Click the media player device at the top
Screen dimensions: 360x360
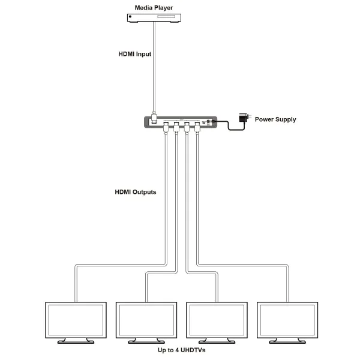click(x=155, y=19)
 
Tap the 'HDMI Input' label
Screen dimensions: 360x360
click(x=134, y=54)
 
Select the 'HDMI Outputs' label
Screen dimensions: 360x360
click(x=136, y=193)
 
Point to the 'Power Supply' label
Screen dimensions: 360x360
click(x=275, y=119)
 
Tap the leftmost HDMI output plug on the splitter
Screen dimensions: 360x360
click(x=166, y=127)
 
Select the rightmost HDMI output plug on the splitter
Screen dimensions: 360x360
click(x=197, y=127)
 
